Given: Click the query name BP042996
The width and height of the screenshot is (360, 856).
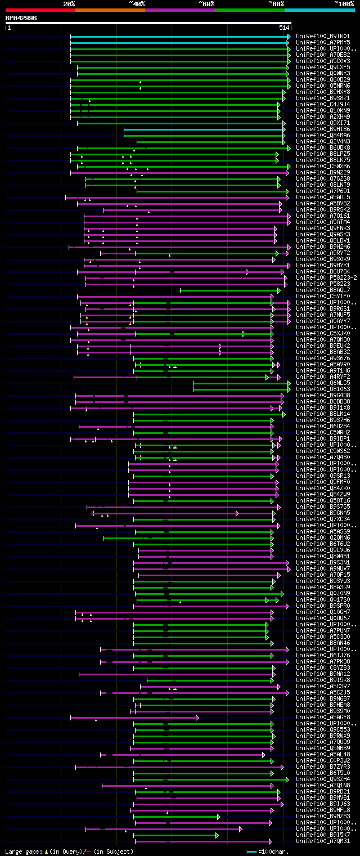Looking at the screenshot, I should [21, 18].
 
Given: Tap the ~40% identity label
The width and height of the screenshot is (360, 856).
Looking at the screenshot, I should [137, 3].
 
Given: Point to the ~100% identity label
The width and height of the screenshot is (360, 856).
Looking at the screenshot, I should [344, 3].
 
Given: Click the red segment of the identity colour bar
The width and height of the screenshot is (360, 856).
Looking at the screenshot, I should [40, 10].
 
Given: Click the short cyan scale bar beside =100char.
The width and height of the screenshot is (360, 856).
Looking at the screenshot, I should [251, 851].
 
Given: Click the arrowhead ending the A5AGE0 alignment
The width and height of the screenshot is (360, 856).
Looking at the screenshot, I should [197, 718].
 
